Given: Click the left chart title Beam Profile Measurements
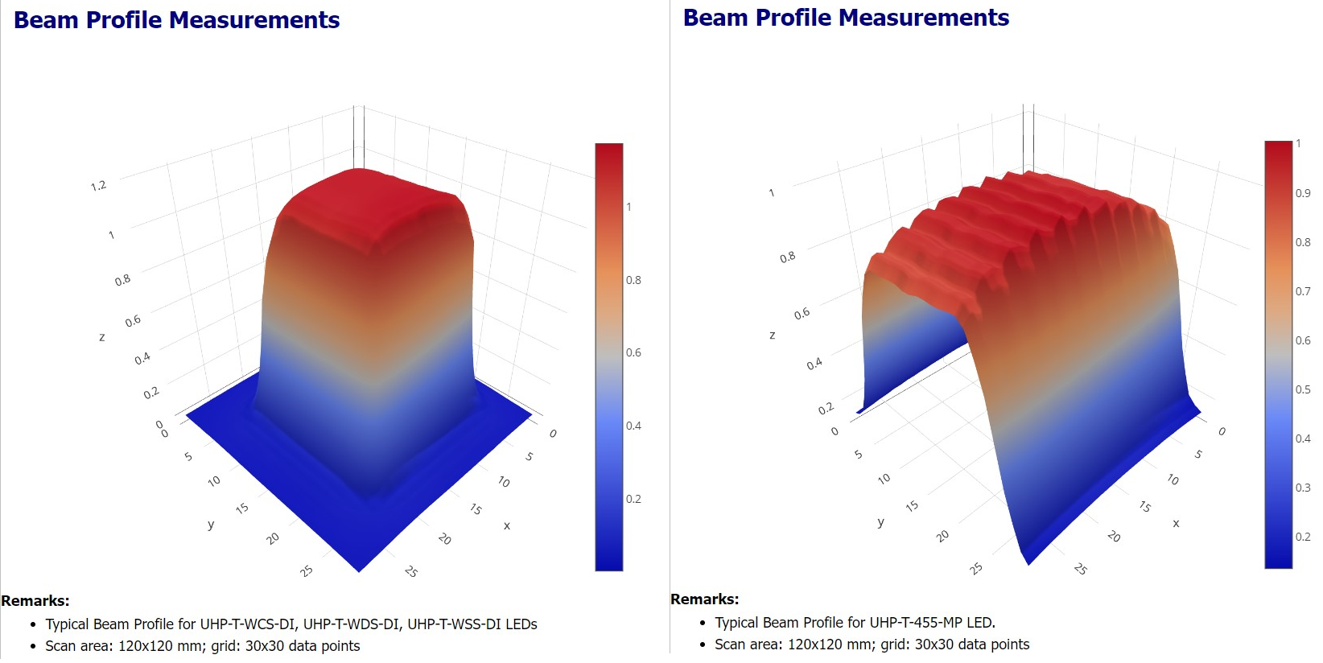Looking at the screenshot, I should click(176, 20).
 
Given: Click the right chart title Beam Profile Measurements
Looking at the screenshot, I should click(846, 18).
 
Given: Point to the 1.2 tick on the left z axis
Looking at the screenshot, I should click(98, 186).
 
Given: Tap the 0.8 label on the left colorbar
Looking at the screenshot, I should click(633, 280).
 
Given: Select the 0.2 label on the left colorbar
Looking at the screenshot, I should click(633, 499).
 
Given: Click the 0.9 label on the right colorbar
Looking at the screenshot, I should click(1302, 193).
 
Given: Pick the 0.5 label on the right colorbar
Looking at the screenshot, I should click(1302, 389).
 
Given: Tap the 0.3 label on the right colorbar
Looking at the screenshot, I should click(1302, 488).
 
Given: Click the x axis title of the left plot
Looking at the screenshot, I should click(507, 525).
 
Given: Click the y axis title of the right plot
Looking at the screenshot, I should click(880, 522).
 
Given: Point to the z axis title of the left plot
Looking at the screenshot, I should click(102, 337).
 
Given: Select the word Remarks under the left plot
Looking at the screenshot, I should click(35, 600).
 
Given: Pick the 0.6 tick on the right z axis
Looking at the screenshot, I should click(802, 314).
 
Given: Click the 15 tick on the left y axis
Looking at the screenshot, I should click(242, 509).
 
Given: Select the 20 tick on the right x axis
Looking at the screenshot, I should click(1114, 536).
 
